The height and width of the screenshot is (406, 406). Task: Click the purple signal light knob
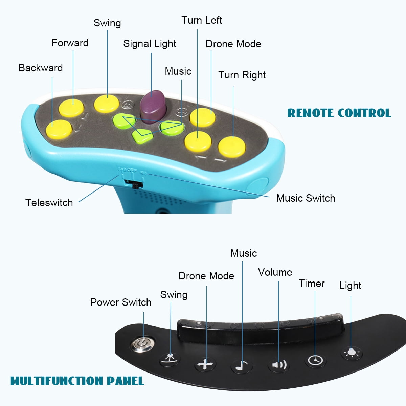[153, 103]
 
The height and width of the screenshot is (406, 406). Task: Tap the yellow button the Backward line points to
[59, 129]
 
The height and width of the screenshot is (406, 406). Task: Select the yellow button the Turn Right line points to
[232, 146]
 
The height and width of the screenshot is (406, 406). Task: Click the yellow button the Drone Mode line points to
[202, 117]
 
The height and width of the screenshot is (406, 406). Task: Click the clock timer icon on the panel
[315, 360]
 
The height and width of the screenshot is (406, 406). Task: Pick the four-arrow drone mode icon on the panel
[205, 365]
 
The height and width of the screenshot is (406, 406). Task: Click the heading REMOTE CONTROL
[339, 113]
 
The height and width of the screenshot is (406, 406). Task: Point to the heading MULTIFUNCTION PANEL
[77, 381]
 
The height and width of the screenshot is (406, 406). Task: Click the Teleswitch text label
[49, 203]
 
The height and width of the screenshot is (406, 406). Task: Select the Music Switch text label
[306, 198]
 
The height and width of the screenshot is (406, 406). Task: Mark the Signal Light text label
[150, 44]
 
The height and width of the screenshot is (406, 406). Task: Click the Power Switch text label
[121, 302]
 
